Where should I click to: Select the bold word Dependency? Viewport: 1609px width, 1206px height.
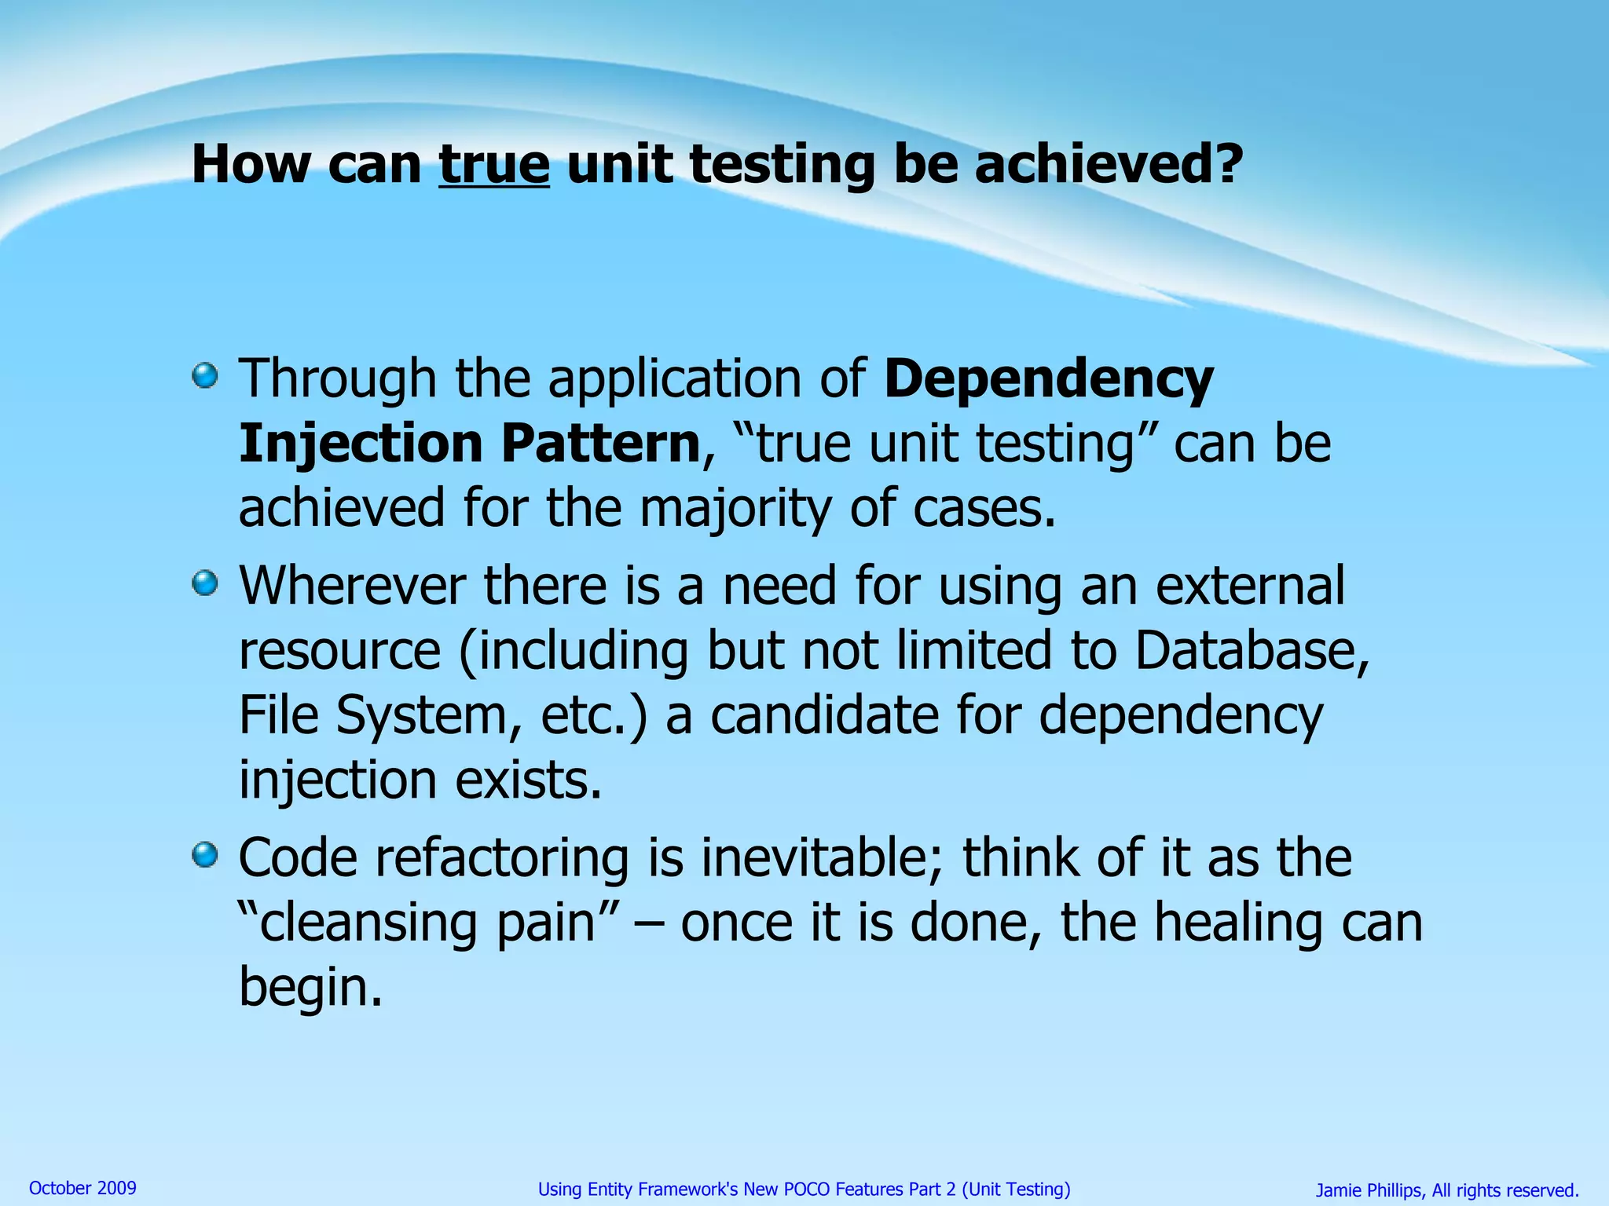point(1048,380)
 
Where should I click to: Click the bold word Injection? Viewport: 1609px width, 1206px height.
point(360,444)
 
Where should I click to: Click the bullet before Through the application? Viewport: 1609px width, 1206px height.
point(204,375)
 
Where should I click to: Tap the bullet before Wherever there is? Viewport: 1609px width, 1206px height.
point(204,583)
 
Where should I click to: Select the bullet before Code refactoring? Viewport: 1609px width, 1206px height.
point(204,854)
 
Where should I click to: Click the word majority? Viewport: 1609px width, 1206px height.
point(735,509)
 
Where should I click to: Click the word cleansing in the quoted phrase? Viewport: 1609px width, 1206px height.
point(368,923)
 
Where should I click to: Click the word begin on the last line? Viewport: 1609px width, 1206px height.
point(310,988)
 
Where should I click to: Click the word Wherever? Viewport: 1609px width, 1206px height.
point(352,587)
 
